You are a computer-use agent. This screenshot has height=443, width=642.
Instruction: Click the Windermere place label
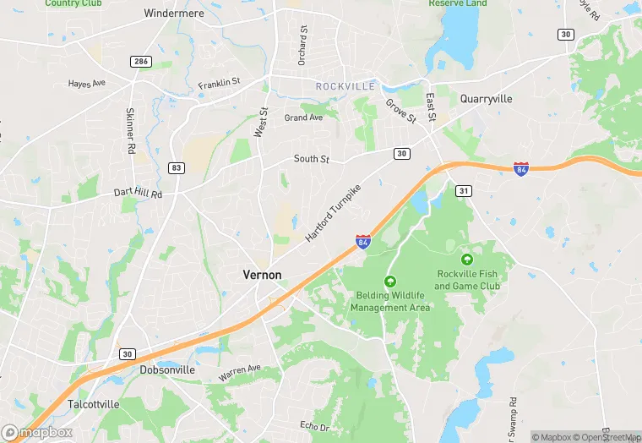(x=176, y=14)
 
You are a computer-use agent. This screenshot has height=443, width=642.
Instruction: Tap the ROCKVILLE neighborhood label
(x=344, y=86)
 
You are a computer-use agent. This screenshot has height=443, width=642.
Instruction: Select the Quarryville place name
(x=486, y=99)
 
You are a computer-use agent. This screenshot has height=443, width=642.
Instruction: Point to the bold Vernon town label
(x=262, y=275)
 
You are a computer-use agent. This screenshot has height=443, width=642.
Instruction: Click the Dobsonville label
(x=167, y=370)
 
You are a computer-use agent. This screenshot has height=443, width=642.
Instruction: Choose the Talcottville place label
(x=94, y=404)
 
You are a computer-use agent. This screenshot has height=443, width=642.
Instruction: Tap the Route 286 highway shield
(x=139, y=62)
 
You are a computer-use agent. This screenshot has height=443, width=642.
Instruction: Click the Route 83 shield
(x=176, y=168)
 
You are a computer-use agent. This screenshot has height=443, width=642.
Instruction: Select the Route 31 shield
(x=464, y=192)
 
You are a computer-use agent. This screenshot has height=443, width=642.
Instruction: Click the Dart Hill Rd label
(x=138, y=194)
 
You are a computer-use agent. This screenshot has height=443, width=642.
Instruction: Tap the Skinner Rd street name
(x=131, y=131)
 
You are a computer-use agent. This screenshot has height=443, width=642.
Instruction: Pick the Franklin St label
(x=220, y=84)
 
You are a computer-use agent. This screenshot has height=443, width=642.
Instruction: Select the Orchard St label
(x=302, y=43)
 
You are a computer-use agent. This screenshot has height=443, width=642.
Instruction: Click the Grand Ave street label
(x=304, y=118)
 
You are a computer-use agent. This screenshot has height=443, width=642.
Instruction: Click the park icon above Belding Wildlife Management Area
(x=390, y=281)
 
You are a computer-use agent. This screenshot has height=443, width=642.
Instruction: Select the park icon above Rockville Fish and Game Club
(x=467, y=259)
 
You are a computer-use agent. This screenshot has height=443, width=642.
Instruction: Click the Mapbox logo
(x=37, y=432)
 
